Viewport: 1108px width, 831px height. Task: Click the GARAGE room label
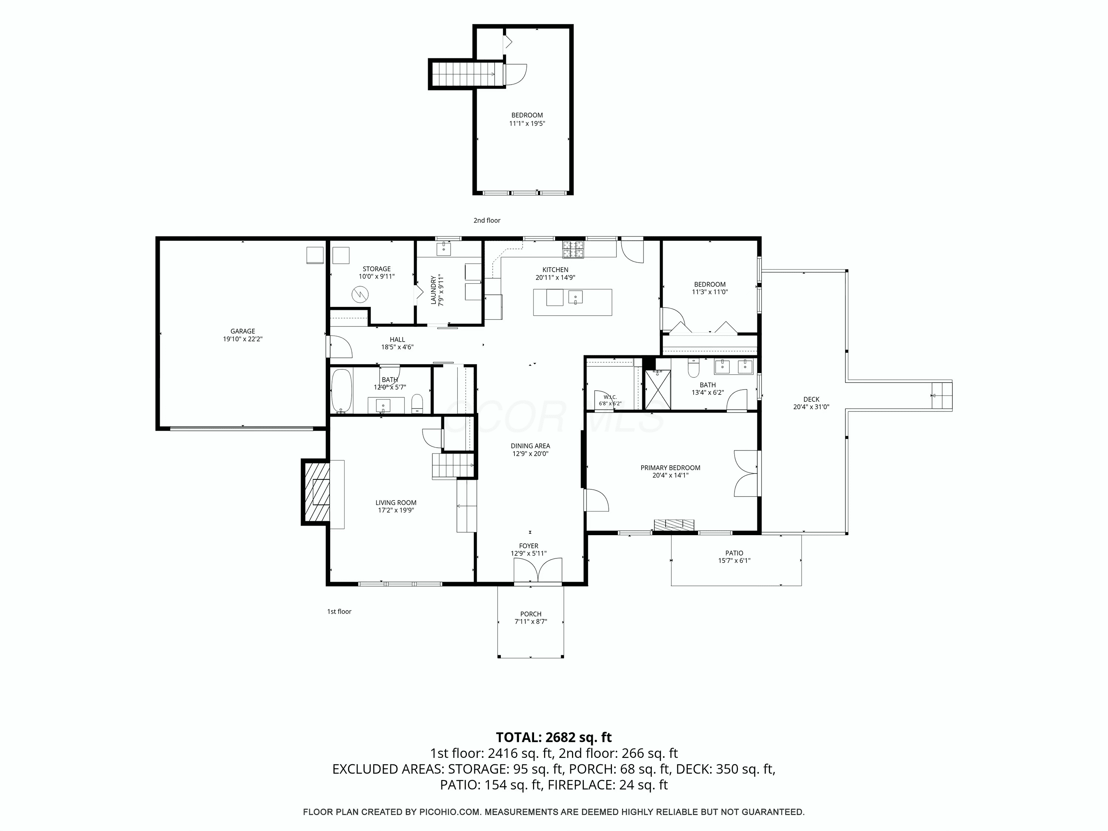(x=243, y=331)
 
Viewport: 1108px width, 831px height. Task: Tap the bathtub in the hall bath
(x=342, y=391)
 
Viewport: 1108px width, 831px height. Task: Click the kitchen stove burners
(x=573, y=249)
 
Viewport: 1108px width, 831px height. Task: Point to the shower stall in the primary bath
(x=657, y=390)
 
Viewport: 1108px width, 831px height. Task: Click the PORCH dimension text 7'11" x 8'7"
(x=530, y=622)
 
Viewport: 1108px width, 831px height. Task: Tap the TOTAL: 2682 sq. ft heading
(x=554, y=737)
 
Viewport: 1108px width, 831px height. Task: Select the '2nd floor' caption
(x=487, y=220)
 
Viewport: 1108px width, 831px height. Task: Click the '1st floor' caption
(x=339, y=612)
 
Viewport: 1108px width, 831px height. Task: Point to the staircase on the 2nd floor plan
(x=464, y=74)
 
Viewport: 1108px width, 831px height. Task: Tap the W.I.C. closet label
(x=610, y=397)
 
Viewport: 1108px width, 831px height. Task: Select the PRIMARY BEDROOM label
(x=670, y=468)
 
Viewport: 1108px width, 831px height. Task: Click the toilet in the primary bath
(x=694, y=369)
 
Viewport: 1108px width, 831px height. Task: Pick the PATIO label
(x=734, y=553)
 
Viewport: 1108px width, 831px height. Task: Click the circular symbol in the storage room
(x=359, y=294)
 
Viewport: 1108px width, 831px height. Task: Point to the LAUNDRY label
(x=434, y=290)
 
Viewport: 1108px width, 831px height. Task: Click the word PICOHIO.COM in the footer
(x=450, y=812)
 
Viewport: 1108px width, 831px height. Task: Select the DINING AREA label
(x=530, y=446)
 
